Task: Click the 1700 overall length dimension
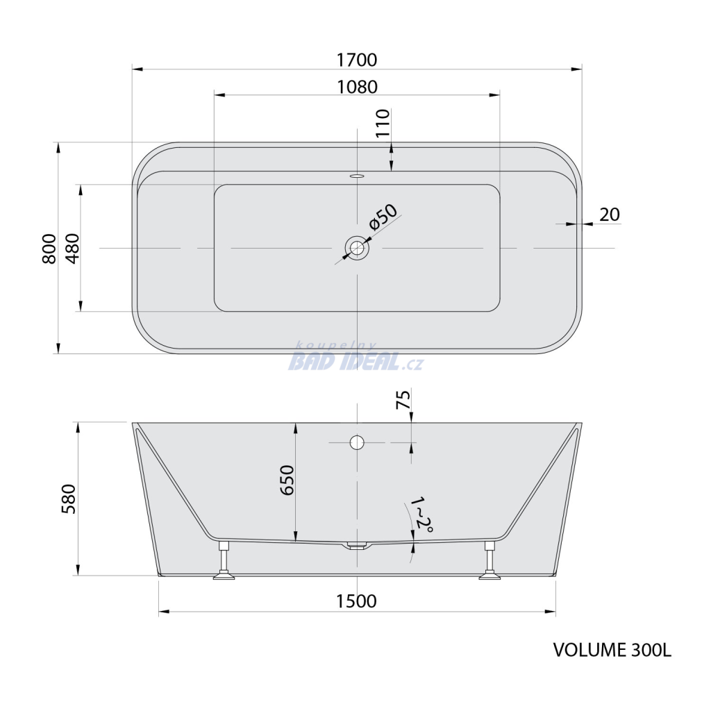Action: click(357, 60)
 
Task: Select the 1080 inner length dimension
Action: click(357, 87)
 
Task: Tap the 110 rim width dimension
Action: click(383, 123)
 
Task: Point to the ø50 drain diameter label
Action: click(383, 217)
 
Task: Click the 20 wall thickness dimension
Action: click(610, 215)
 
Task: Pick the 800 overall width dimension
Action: click(49, 249)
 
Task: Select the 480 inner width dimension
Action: click(72, 249)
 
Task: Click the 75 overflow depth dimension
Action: click(403, 399)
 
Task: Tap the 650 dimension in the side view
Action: click(287, 480)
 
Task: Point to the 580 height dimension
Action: click(69, 499)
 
